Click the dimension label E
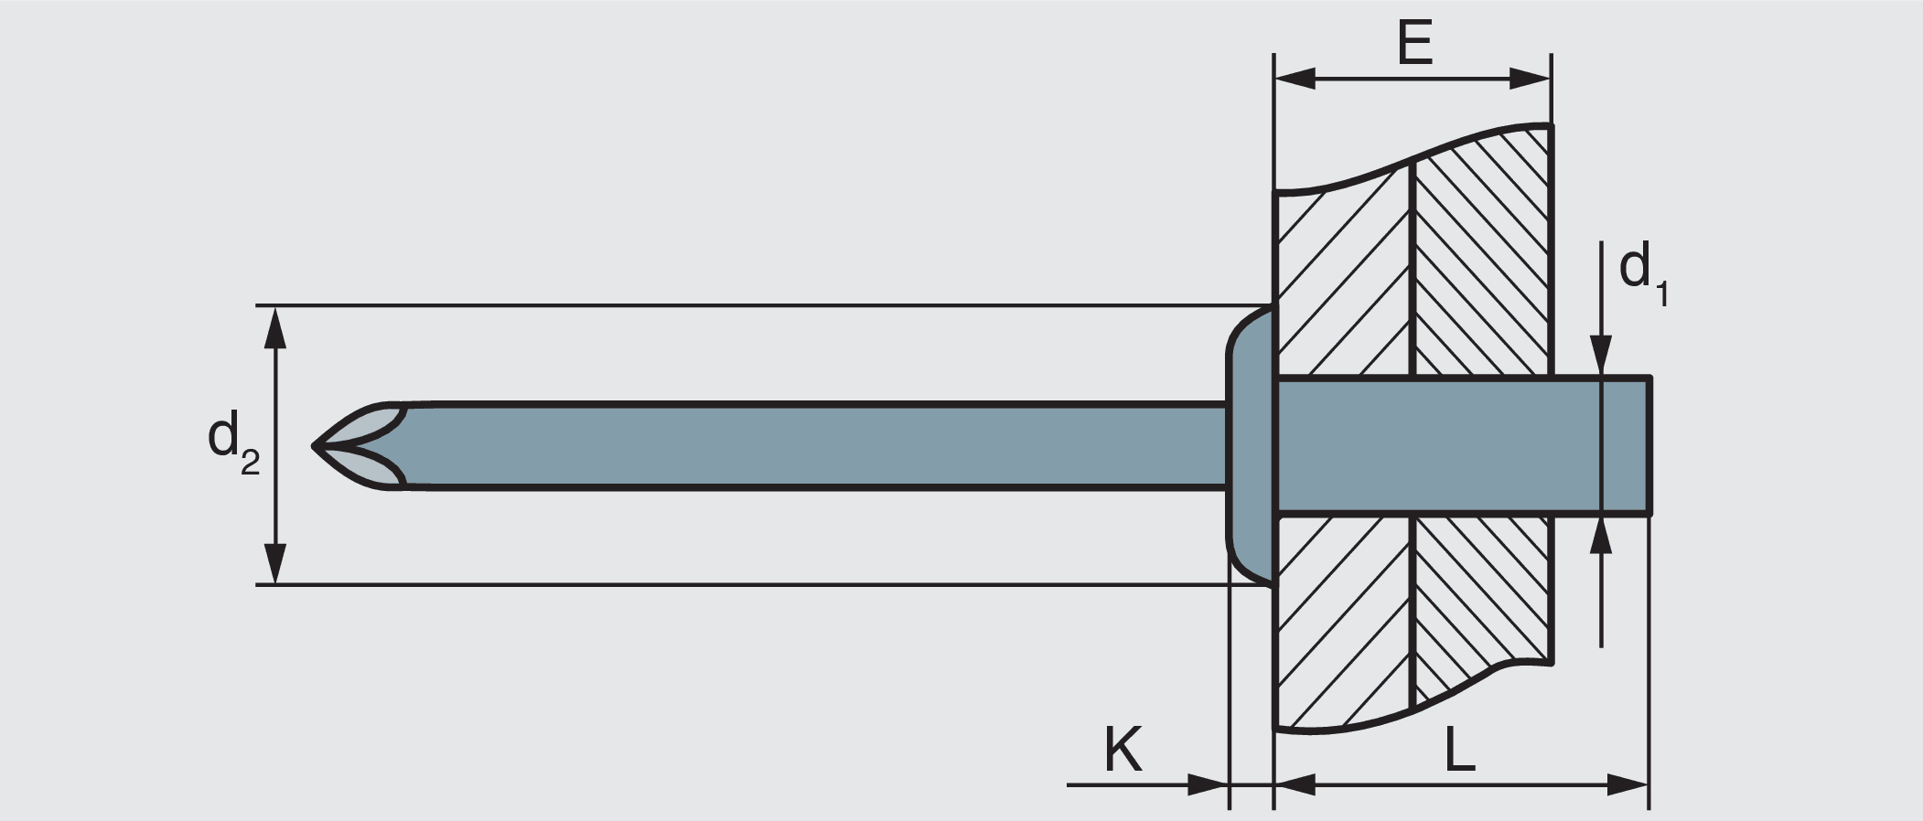(x=1414, y=43)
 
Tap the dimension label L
(x=1459, y=750)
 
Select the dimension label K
(x=1123, y=750)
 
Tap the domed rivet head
(x=1250, y=445)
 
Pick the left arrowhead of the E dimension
(x=1294, y=80)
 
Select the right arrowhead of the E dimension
(x=1531, y=80)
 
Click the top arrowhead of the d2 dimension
(x=275, y=327)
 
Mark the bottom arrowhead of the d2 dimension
(x=275, y=563)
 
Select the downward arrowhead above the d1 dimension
(x=1600, y=355)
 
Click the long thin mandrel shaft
(x=805, y=446)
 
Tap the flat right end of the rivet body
(x=1649, y=446)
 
